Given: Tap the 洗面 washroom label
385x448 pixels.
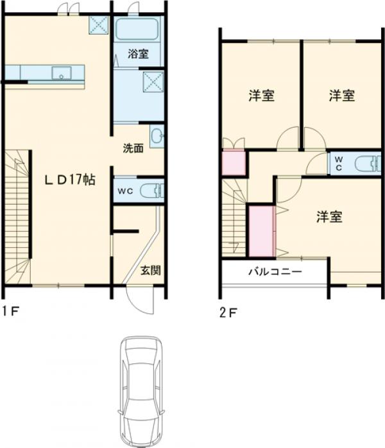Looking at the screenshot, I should pyautogui.click(x=133, y=148).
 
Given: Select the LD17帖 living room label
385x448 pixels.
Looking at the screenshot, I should pyautogui.click(x=70, y=180).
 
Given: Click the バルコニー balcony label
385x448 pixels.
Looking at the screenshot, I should pyautogui.click(x=275, y=271).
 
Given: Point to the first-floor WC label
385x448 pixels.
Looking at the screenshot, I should pyautogui.click(x=124, y=191).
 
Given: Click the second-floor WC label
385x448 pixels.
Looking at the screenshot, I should pyautogui.click(x=339, y=163).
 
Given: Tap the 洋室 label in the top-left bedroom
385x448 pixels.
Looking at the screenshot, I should pyautogui.click(x=261, y=96).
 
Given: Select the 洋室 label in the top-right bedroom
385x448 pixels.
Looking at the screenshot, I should pyautogui.click(x=342, y=96).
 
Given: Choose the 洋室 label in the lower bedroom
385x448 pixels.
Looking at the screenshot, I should pyautogui.click(x=329, y=216).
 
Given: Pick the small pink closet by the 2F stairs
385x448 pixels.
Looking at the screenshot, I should pyautogui.click(x=234, y=162).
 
